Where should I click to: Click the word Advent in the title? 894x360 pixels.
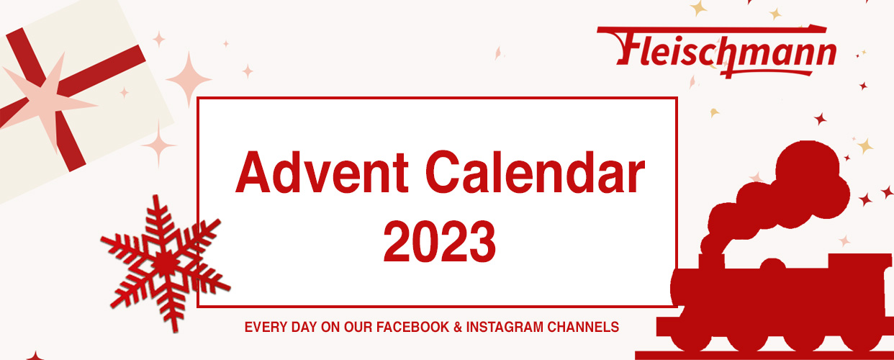322,172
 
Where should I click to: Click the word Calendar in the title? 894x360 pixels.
536,172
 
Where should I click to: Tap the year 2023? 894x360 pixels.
439,242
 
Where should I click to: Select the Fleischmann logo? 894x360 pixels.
717,51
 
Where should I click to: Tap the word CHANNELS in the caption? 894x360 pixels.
583,328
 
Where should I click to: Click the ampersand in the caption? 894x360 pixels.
458,328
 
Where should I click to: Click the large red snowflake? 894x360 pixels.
164,264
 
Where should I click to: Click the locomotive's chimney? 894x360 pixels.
712,262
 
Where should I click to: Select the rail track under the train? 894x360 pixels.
764,355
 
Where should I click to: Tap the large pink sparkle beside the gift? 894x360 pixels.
189,80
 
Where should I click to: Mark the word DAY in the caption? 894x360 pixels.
304,328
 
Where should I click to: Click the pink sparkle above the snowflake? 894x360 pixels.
158,145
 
